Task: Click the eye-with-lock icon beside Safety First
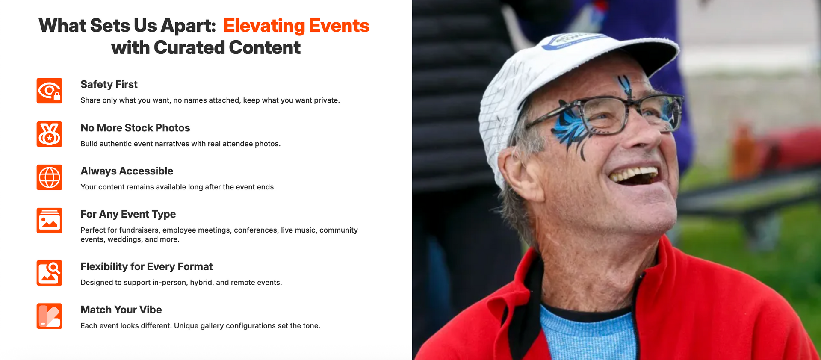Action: click(x=49, y=91)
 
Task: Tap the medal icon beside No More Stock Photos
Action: click(x=49, y=134)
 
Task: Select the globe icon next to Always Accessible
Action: click(x=49, y=177)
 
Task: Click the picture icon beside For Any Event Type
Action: click(x=49, y=221)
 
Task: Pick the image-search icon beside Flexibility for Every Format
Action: click(x=49, y=273)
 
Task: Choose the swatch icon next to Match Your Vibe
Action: click(x=49, y=316)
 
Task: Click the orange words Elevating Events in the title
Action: click(x=296, y=26)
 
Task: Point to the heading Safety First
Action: click(x=109, y=84)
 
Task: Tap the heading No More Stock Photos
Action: click(x=135, y=128)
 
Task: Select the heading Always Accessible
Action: click(x=127, y=171)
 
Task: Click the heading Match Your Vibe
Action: click(x=121, y=310)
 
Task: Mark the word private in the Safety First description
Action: click(x=326, y=100)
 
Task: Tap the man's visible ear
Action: click(x=517, y=173)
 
